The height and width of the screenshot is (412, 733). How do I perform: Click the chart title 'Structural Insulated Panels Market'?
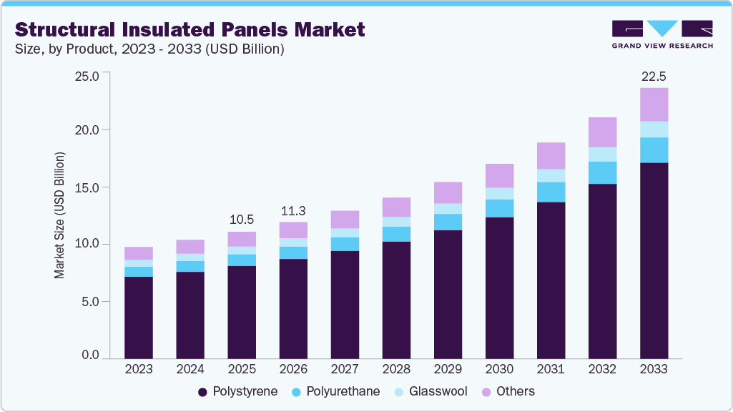(x=190, y=29)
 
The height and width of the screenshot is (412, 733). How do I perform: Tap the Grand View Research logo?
(x=661, y=34)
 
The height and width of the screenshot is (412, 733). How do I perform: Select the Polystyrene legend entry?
(x=237, y=391)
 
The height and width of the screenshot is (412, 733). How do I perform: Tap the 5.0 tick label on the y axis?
(x=90, y=301)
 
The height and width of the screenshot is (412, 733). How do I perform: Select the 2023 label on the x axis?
(x=139, y=370)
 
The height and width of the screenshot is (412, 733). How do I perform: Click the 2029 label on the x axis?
(x=448, y=370)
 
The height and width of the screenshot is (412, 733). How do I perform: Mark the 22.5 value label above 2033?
(x=654, y=77)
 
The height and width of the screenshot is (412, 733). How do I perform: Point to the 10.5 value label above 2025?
(x=242, y=219)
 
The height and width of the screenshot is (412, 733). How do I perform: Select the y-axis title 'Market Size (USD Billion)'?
(x=59, y=215)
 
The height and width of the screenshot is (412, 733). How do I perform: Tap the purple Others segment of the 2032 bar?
(x=602, y=132)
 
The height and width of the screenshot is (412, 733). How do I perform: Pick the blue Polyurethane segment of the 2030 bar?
(x=499, y=208)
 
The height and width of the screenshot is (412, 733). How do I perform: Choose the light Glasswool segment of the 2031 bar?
(x=551, y=175)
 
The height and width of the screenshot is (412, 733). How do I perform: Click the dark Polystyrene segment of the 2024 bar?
(x=190, y=315)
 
